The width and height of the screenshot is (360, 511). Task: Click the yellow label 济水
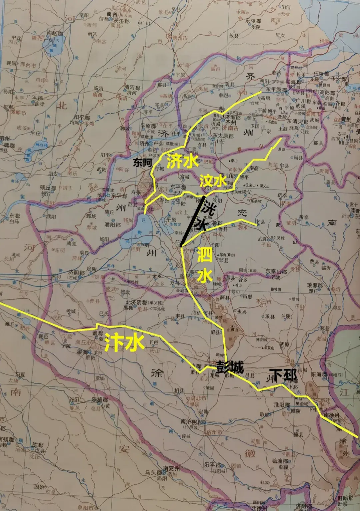pyautogui.click(x=183, y=161)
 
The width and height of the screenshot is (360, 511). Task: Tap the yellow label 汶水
pyautogui.click(x=213, y=181)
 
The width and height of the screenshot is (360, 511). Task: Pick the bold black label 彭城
pyautogui.click(x=230, y=367)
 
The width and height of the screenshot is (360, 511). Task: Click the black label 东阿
pyautogui.click(x=142, y=163)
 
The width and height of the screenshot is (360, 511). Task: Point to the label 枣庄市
pyautogui.click(x=264, y=301)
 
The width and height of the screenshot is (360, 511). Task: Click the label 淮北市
pyautogui.click(x=198, y=398)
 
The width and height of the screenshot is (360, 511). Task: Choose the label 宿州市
pyautogui.click(x=214, y=432)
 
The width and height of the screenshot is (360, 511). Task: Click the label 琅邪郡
pyautogui.click(x=315, y=285)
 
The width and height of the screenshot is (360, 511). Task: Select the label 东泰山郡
pyautogui.click(x=276, y=272)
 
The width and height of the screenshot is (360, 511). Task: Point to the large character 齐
pyautogui.click(x=250, y=77)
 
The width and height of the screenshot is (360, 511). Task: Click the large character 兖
pyautogui.click(x=242, y=213)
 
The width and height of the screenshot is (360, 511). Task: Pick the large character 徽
pyautogui.click(x=250, y=453)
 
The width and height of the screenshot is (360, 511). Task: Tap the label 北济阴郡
pyautogui.click(x=135, y=302)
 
